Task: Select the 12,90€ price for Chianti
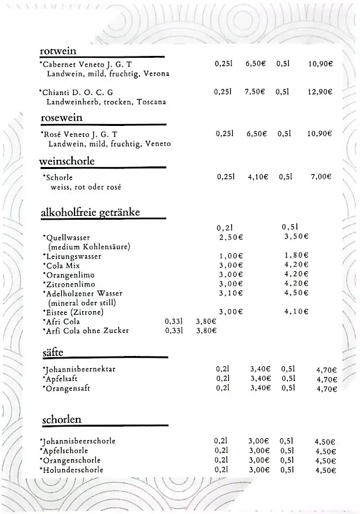(319, 92)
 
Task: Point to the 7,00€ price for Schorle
(321, 177)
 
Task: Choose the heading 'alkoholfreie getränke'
(90, 211)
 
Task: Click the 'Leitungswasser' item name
(73, 256)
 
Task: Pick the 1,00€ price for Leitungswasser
(231, 256)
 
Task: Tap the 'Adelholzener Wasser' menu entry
(84, 293)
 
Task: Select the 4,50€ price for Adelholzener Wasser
(296, 293)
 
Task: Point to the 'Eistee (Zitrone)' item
(75, 312)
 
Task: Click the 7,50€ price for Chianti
(255, 92)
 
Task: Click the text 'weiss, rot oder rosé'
(85, 187)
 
